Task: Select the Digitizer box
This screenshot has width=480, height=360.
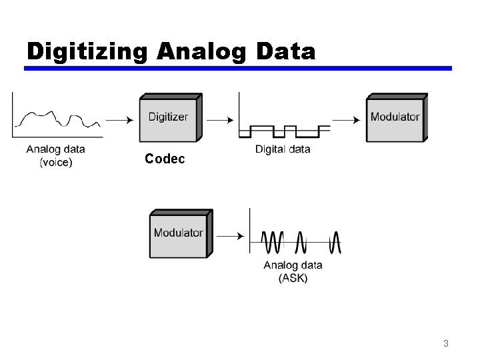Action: pyautogui.click(x=168, y=117)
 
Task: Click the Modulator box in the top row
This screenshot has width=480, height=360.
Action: pyautogui.click(x=395, y=117)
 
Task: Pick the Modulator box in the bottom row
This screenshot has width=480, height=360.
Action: pyautogui.click(x=178, y=233)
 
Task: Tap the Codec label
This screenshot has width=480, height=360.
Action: pyautogui.click(x=165, y=160)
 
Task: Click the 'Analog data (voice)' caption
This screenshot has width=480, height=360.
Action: pyautogui.click(x=56, y=155)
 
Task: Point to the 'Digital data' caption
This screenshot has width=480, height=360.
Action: pyautogui.click(x=283, y=149)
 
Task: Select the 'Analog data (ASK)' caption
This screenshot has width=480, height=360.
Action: pyautogui.click(x=293, y=271)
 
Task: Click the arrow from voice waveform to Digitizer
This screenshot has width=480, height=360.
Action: pyautogui.click(x=119, y=120)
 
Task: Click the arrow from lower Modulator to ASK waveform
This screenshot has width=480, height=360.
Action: pyautogui.click(x=230, y=236)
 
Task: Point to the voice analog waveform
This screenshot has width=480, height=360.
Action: pyautogui.click(x=59, y=119)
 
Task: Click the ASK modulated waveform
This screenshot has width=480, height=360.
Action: pyautogui.click(x=301, y=241)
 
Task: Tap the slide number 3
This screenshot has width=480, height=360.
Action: pyautogui.click(x=445, y=344)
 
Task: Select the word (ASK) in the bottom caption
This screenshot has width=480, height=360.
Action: pyautogui.click(x=293, y=278)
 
